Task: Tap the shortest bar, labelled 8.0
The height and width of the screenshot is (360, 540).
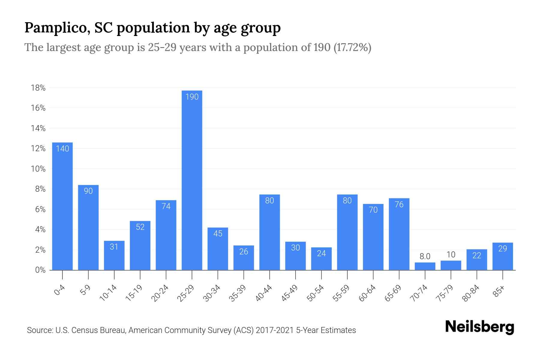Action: (x=425, y=266)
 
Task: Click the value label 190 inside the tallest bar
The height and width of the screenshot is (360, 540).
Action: (x=192, y=97)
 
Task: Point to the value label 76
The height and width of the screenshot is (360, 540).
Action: (x=399, y=205)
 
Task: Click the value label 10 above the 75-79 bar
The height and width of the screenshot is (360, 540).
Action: (x=451, y=255)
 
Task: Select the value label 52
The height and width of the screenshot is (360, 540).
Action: (x=140, y=227)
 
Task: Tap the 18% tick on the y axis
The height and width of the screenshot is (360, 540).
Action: (x=38, y=88)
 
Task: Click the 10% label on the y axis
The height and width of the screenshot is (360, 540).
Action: (x=38, y=169)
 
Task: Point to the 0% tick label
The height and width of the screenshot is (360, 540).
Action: (x=40, y=270)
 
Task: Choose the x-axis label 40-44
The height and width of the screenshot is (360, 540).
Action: (x=264, y=293)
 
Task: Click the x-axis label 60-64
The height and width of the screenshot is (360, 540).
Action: (x=367, y=293)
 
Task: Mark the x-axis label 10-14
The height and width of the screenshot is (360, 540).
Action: (x=108, y=293)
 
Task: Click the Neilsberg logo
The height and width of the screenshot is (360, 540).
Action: (x=479, y=327)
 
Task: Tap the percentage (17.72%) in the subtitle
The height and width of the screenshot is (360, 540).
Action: (x=352, y=47)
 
